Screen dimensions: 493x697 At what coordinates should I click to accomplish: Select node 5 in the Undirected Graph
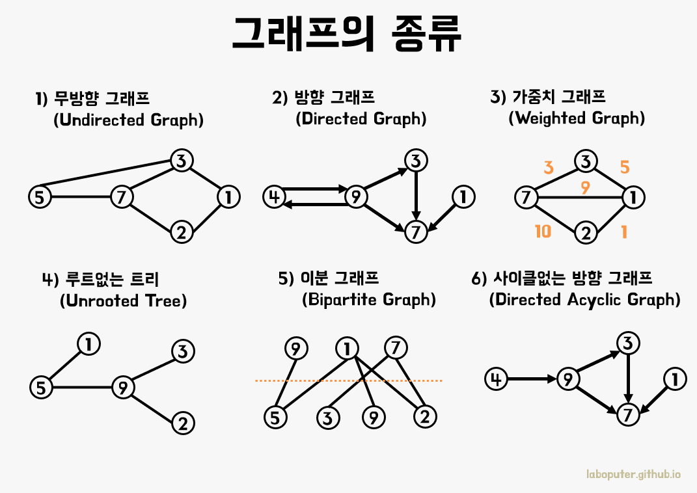click(40, 196)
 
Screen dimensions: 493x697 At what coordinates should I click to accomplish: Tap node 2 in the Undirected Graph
click(182, 232)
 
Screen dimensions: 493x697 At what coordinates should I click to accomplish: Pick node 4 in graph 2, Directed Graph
click(274, 196)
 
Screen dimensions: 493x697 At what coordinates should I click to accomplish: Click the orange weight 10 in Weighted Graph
click(543, 231)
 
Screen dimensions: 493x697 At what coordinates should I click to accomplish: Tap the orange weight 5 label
click(624, 168)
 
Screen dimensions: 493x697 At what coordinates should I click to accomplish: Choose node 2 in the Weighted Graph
click(586, 233)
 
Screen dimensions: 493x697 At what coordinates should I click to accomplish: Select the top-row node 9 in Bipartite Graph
click(296, 349)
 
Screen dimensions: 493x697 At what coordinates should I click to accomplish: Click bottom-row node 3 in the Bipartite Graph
click(328, 417)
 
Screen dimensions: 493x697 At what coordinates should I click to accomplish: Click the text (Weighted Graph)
click(577, 118)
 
